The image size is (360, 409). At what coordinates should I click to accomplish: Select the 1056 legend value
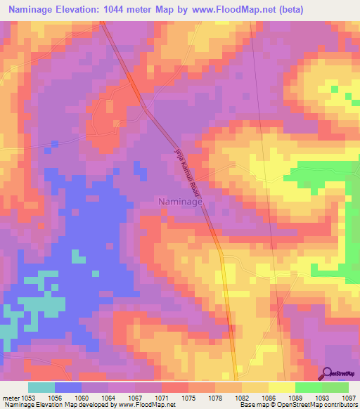[55, 397]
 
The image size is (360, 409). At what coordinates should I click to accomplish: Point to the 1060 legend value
[82, 397]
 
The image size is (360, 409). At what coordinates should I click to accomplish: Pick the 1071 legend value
[162, 397]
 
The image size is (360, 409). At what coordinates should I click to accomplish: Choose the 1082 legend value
[242, 397]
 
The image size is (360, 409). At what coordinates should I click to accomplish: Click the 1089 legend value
[295, 397]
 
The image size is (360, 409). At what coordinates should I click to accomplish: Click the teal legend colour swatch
[41, 387]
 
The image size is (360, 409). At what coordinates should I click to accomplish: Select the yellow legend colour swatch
[282, 387]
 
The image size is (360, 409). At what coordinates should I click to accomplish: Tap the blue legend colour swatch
[68, 387]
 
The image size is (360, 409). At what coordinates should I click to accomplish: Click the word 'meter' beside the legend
[10, 397]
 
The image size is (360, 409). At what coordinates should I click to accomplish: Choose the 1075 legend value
[188, 397]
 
